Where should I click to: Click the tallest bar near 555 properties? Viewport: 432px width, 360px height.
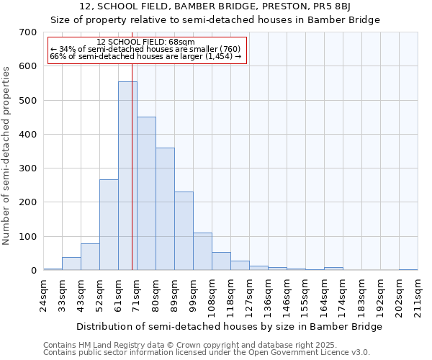point(127,176)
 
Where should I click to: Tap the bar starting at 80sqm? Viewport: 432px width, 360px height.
point(165,209)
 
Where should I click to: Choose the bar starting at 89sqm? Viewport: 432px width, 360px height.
point(184,230)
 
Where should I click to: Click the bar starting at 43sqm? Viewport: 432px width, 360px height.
point(90,256)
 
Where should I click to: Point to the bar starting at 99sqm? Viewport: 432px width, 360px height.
point(202,251)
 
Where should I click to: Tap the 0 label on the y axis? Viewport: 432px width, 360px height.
point(33,271)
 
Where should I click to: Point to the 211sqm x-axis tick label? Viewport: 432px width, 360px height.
point(422,295)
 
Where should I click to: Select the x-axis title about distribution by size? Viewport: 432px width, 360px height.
point(229,326)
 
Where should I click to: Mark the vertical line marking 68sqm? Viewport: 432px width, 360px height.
point(132,180)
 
